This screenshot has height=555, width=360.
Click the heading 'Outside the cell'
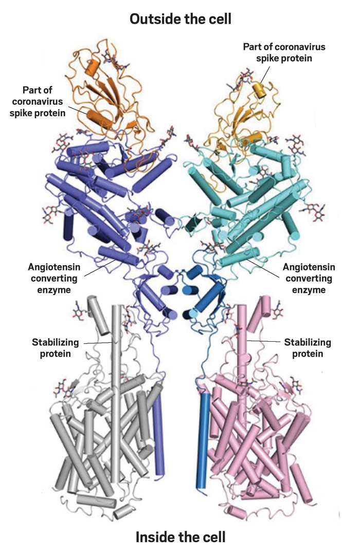(x=180, y=19)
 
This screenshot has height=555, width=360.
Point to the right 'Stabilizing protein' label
(x=308, y=347)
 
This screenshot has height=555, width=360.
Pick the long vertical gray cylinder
(x=117, y=391)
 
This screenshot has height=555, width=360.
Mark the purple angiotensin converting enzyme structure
(x=98, y=195)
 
